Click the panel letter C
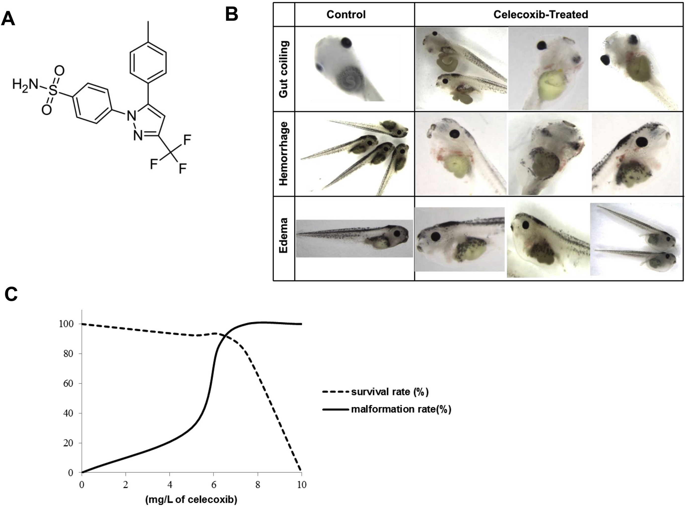(11, 295)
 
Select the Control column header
(346, 14)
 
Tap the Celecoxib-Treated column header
(541, 14)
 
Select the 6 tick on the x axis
(214, 485)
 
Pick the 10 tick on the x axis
(302, 485)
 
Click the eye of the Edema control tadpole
(397, 233)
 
